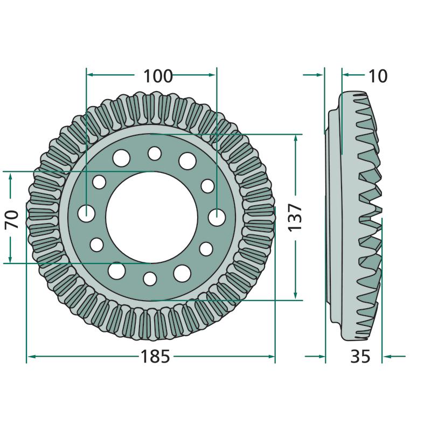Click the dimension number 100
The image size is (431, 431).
(x=158, y=76)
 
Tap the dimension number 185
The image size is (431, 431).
(x=155, y=357)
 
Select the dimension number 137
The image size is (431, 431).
(x=295, y=218)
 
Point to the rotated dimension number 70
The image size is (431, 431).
(x=11, y=219)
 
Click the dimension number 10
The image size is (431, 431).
(x=378, y=76)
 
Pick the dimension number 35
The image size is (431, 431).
(x=360, y=357)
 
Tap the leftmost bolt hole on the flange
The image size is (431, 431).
(x=86, y=213)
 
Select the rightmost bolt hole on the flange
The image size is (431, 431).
(x=217, y=218)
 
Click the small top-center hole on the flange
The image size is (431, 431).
(x=155, y=154)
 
